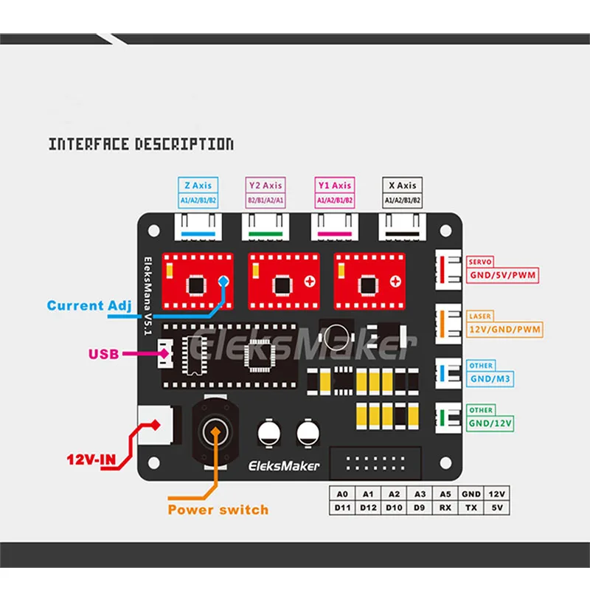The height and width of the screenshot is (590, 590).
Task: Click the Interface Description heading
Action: tap(141, 144)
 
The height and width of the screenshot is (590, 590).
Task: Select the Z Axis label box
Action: tap(197, 192)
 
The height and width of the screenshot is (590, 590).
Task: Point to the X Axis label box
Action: tap(402, 192)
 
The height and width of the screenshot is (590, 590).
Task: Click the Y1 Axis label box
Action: tap(334, 192)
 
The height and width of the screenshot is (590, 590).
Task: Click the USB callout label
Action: tap(104, 354)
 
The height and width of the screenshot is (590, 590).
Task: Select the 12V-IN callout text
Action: tap(89, 462)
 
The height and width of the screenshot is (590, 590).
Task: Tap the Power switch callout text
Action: tap(218, 510)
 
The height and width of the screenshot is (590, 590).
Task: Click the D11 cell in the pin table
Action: tap(341, 508)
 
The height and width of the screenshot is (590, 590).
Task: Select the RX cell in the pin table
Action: tap(445, 508)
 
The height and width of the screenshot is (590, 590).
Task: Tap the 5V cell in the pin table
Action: tap(498, 508)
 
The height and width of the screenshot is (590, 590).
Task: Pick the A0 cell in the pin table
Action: tap(341, 494)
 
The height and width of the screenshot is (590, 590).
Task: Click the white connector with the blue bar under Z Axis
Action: tap(197, 227)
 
